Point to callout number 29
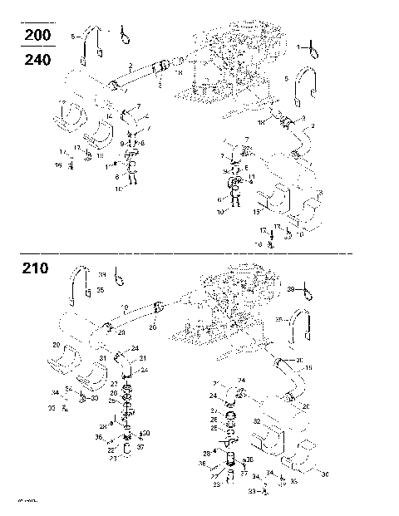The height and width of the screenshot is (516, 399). pyautogui.click(x=57, y=344)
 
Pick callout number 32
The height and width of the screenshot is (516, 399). pyautogui.click(x=257, y=422)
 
